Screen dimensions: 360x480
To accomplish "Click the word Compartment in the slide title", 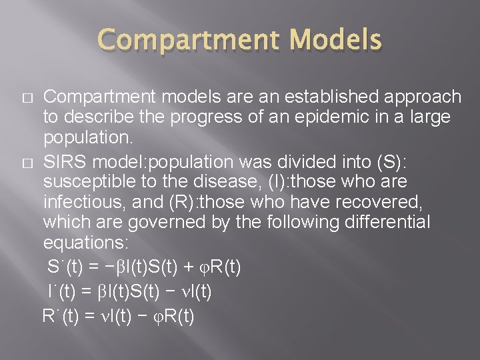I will click(182, 41).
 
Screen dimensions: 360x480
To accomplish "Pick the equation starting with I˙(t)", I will click(131, 291).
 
